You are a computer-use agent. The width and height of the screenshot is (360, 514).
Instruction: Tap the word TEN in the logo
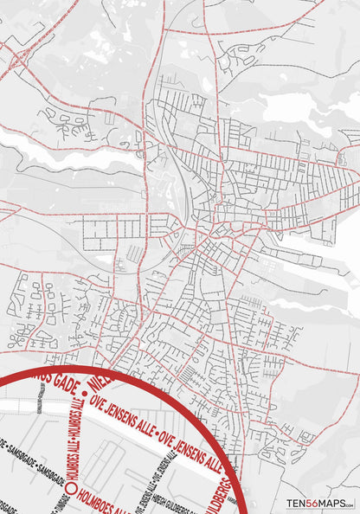(298, 503)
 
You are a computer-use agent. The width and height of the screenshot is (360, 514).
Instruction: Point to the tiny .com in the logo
(351, 504)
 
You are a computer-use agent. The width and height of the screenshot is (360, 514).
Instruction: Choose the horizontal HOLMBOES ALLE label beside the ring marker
(103, 499)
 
